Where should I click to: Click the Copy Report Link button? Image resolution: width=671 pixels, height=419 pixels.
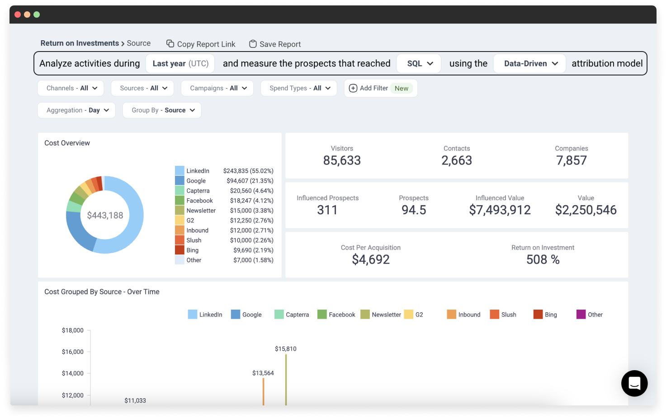pyautogui.click(x=201, y=44)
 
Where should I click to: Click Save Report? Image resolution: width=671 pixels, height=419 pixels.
pyautogui.click(x=275, y=44)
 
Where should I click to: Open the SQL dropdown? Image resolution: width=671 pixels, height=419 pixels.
pyautogui.click(x=420, y=64)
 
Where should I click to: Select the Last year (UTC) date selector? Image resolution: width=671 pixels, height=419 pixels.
pyautogui.click(x=180, y=64)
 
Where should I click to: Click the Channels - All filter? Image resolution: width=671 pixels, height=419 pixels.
pyautogui.click(x=71, y=88)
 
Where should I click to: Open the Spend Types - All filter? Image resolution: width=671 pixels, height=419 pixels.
pyautogui.click(x=299, y=88)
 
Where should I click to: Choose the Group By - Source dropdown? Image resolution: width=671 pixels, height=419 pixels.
pyautogui.click(x=162, y=110)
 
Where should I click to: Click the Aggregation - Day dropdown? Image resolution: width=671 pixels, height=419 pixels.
pyautogui.click(x=77, y=110)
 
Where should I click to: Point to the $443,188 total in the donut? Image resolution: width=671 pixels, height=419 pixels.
pyautogui.click(x=105, y=216)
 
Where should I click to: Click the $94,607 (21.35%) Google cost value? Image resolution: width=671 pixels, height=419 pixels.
pyautogui.click(x=250, y=181)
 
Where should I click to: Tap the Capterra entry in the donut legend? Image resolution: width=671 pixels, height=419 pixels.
pyautogui.click(x=198, y=191)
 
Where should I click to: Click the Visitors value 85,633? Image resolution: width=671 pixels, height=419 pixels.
pyautogui.click(x=342, y=160)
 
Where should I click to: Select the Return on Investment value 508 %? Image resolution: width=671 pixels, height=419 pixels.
pyautogui.click(x=543, y=259)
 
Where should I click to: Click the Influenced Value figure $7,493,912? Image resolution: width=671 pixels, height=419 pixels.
pyautogui.click(x=500, y=210)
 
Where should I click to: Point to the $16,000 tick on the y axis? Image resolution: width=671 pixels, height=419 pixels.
pyautogui.click(x=73, y=352)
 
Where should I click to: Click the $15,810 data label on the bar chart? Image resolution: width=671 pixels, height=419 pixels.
pyautogui.click(x=286, y=349)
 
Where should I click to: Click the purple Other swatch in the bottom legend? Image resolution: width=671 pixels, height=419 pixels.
pyautogui.click(x=581, y=315)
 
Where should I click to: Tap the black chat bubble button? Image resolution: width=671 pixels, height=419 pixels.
pyautogui.click(x=634, y=383)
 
